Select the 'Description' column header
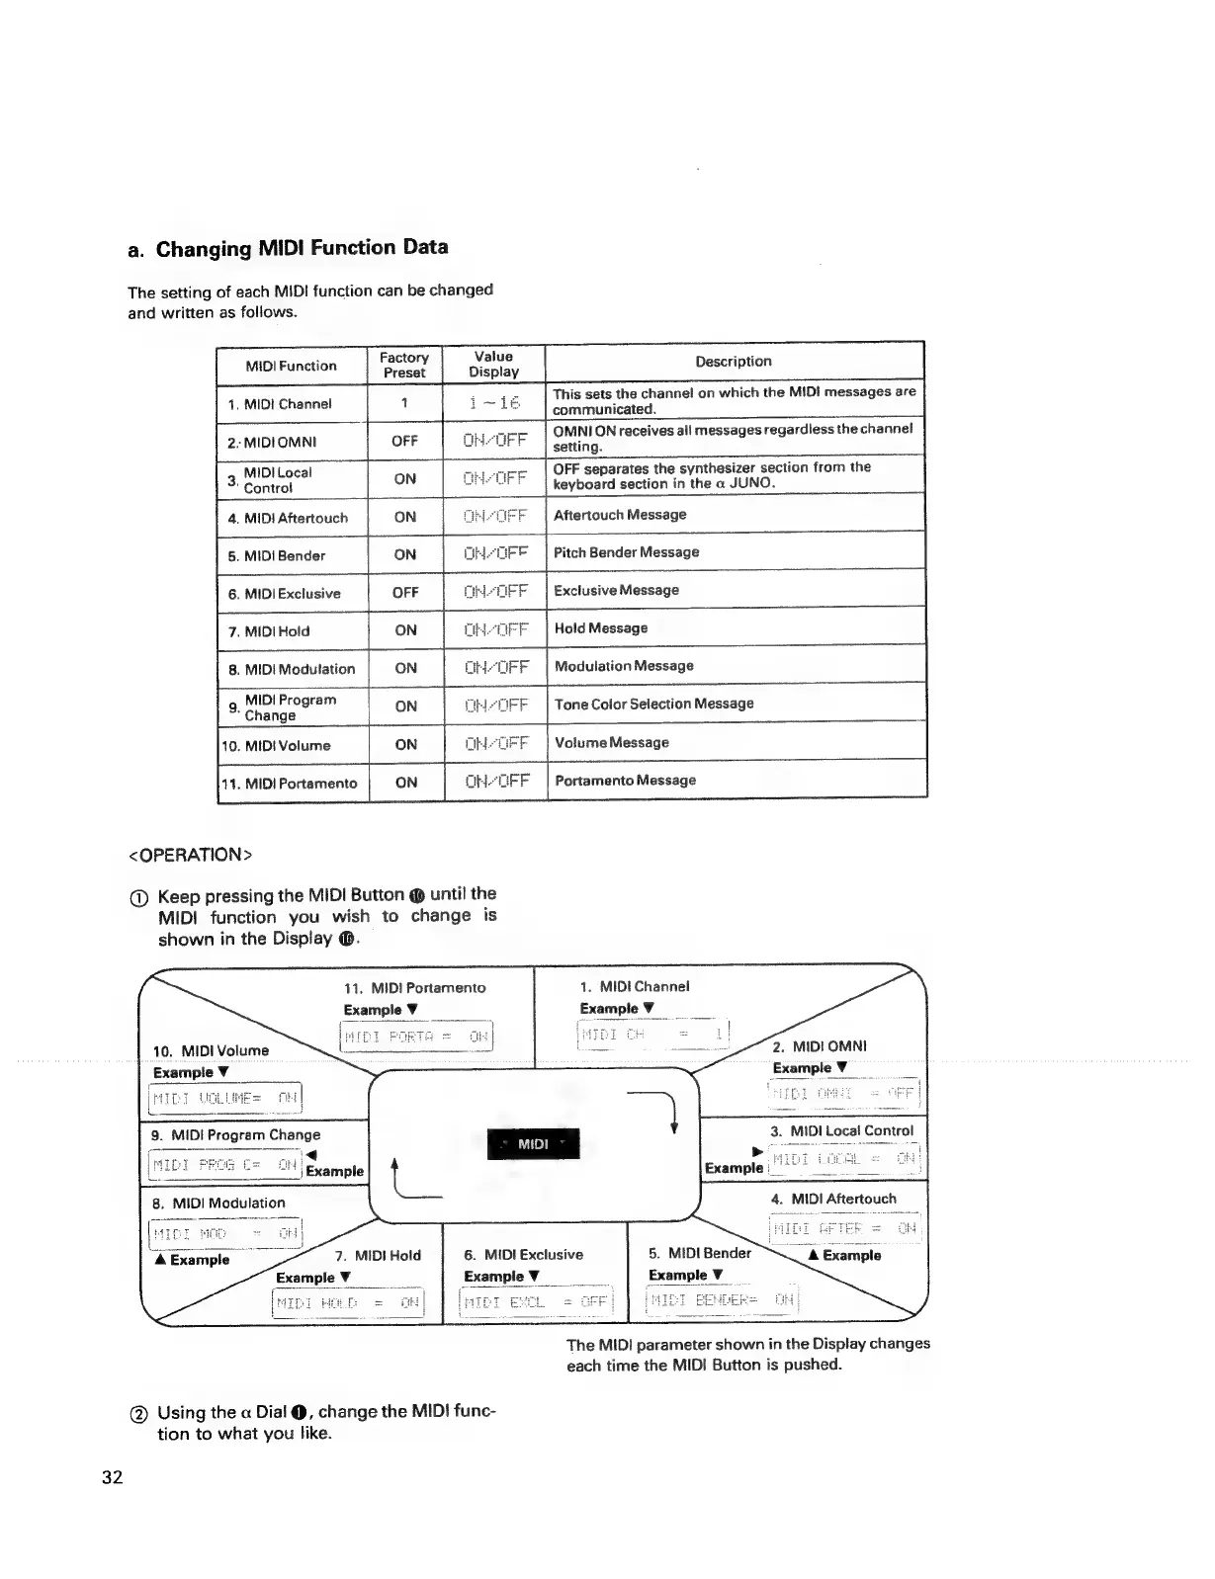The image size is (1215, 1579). (733, 362)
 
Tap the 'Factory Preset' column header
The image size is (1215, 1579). (404, 365)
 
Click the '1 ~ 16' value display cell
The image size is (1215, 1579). (494, 402)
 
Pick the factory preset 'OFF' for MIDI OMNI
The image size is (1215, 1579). (404, 441)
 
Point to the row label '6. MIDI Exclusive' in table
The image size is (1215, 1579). (285, 594)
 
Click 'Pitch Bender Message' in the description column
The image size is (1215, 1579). (627, 552)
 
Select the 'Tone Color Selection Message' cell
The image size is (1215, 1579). (654, 704)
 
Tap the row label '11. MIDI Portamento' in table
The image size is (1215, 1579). (289, 784)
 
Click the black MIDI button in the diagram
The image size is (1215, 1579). (534, 1143)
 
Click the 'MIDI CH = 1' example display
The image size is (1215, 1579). (652, 1035)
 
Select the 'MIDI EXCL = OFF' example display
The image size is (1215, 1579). (537, 1302)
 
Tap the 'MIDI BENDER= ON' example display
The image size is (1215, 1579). (721, 1300)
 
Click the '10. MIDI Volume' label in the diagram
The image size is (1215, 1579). (212, 1050)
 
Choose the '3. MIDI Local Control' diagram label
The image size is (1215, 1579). (842, 1130)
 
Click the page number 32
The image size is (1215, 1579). (112, 1477)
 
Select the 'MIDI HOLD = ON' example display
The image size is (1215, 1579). (348, 1303)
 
